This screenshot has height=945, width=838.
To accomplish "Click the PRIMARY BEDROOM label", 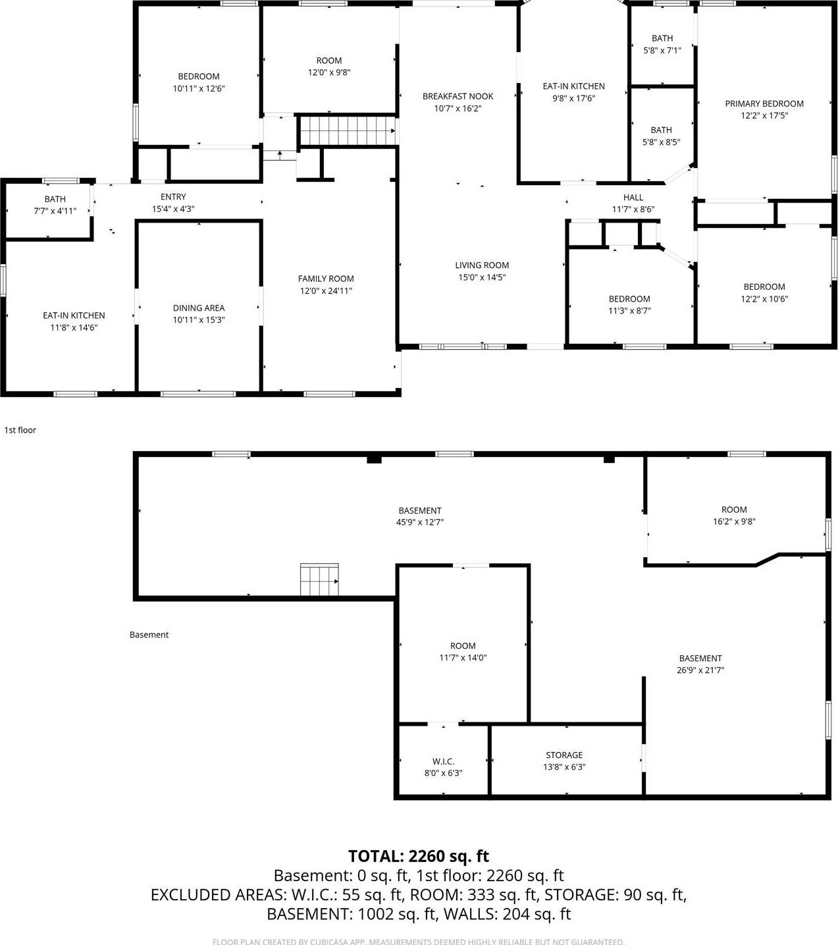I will (x=764, y=103).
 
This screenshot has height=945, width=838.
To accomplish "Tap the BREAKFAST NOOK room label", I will (x=458, y=96).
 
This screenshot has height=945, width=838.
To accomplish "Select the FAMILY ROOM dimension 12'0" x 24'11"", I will (x=326, y=290).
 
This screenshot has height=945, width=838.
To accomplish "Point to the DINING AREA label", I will (x=198, y=308).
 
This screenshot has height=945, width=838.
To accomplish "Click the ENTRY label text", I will (x=173, y=196).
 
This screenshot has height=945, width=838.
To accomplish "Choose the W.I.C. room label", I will (x=443, y=761).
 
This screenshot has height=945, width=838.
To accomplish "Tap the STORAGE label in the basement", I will (x=563, y=755).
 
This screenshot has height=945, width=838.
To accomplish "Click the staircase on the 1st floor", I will (x=346, y=130).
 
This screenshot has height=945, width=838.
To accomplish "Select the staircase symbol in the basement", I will (x=319, y=580).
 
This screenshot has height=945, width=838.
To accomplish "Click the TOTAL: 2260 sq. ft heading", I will (x=418, y=855).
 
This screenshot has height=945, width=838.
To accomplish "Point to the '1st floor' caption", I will (x=20, y=430).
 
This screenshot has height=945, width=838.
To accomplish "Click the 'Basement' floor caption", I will (x=149, y=635).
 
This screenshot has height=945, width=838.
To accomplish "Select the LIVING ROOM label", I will (x=482, y=265).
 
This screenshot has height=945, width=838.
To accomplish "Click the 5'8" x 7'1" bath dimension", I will (x=662, y=50).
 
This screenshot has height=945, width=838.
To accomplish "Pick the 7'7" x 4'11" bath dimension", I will (x=55, y=211).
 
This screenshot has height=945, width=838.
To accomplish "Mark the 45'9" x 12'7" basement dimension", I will (x=420, y=522).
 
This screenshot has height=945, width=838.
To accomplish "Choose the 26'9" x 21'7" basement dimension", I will (x=700, y=670).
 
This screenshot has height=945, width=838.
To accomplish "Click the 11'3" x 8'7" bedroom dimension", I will (x=629, y=310).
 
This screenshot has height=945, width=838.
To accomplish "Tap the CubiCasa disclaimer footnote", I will (x=418, y=942).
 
